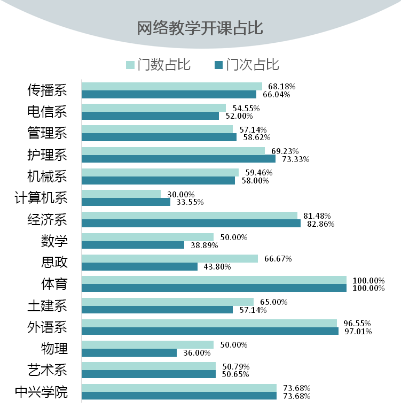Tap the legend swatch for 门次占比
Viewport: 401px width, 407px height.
click(x=218, y=65)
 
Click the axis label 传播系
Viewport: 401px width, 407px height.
click(x=47, y=90)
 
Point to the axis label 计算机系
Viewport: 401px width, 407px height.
click(x=41, y=198)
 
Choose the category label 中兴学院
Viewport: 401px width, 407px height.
click(x=41, y=392)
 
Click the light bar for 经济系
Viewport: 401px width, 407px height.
click(x=189, y=216)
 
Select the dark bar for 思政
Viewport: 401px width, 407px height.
click(x=139, y=266)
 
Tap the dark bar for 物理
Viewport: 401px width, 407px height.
click(x=129, y=353)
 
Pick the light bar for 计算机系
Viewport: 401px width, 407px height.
click(x=121, y=194)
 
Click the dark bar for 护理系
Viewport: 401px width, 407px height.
click(x=178, y=159)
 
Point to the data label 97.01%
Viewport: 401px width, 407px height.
click(x=358, y=332)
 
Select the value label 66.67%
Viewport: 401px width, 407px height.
click(x=278, y=258)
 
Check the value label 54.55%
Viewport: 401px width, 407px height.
click(x=246, y=108)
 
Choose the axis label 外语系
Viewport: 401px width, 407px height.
click(x=47, y=327)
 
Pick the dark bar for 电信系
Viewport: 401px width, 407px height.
click(x=150, y=116)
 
